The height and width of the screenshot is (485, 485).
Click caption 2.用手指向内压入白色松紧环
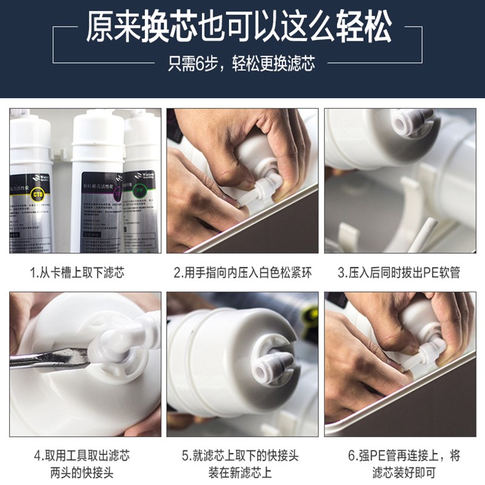(242, 273)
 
